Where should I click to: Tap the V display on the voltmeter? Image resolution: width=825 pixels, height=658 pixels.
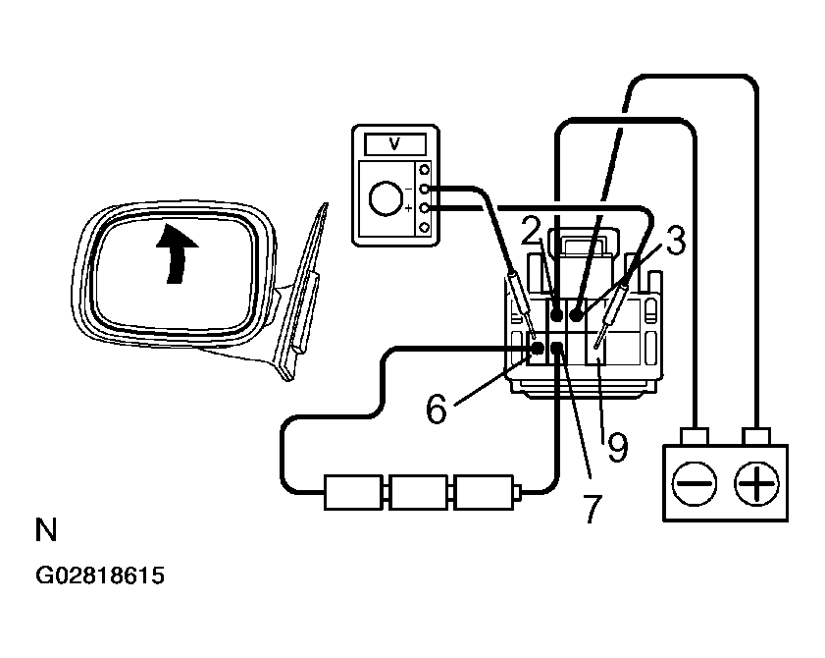pyautogui.click(x=394, y=143)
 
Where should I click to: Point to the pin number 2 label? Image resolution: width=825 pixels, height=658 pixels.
pyautogui.click(x=532, y=233)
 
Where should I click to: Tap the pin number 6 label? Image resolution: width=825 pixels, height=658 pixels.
pyautogui.click(x=438, y=407)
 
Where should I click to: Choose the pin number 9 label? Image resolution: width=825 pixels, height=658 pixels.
pyautogui.click(x=617, y=448)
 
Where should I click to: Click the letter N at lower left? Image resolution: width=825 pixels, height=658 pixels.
pyautogui.click(x=46, y=531)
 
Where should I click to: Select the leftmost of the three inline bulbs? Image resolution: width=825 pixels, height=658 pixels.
pyautogui.click(x=353, y=491)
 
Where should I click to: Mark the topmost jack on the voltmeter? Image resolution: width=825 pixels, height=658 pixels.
pyautogui.click(x=425, y=168)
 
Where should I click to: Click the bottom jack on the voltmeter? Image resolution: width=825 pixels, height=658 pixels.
pyautogui.click(x=425, y=228)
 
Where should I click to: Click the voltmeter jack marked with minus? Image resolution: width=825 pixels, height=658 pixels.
pyautogui.click(x=425, y=188)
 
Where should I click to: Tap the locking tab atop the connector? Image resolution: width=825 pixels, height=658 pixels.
pyautogui.click(x=585, y=244)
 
